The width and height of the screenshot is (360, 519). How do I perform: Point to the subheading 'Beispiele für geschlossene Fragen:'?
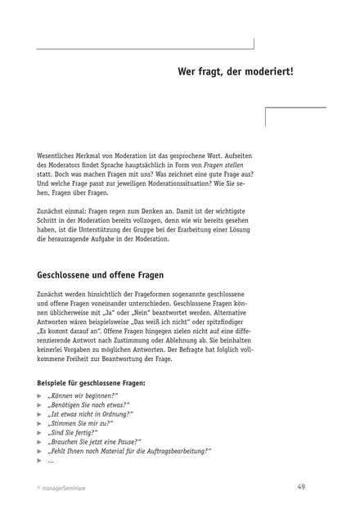92,382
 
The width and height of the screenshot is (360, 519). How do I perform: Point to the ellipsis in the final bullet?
51,460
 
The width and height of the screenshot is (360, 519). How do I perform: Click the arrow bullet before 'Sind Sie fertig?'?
39,432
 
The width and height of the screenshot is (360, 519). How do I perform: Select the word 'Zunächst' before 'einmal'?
53,209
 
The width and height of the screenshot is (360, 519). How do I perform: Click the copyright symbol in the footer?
38,488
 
